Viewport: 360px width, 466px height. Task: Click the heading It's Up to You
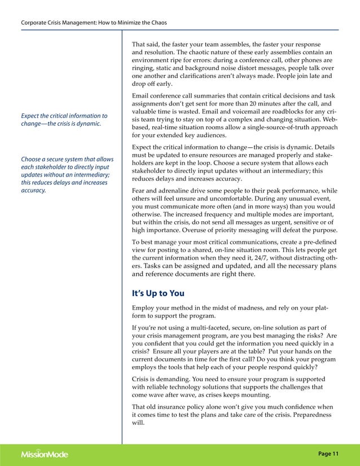(157, 293)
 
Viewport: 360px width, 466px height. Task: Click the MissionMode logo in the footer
(44, 454)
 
